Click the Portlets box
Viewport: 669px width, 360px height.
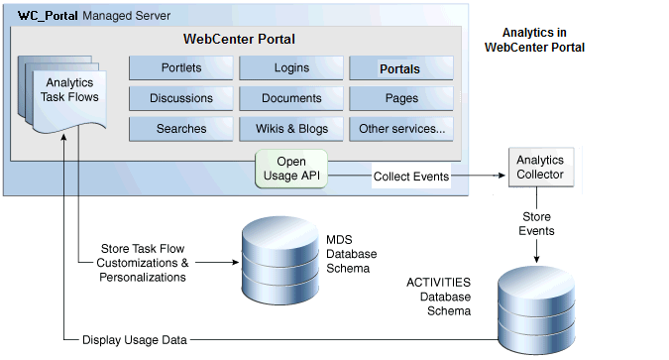[x=181, y=68]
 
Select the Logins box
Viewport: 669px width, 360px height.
[x=291, y=68]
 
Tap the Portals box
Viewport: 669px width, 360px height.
[x=400, y=68]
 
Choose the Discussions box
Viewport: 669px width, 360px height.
[x=181, y=98]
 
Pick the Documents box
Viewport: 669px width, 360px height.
[x=291, y=98]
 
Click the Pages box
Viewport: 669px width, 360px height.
[x=400, y=98]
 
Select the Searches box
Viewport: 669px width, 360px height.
[x=181, y=128]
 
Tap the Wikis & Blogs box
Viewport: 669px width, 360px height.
[x=291, y=128]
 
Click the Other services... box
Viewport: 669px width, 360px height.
[x=400, y=128]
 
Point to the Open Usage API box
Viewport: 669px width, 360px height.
[x=291, y=169]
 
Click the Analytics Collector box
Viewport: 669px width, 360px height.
[x=542, y=167]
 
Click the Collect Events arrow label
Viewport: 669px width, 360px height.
[x=411, y=177]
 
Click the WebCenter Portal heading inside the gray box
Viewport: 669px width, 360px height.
[x=239, y=40]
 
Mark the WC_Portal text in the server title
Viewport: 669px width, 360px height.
[x=47, y=17]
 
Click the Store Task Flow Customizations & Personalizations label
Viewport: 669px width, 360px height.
[x=143, y=263]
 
